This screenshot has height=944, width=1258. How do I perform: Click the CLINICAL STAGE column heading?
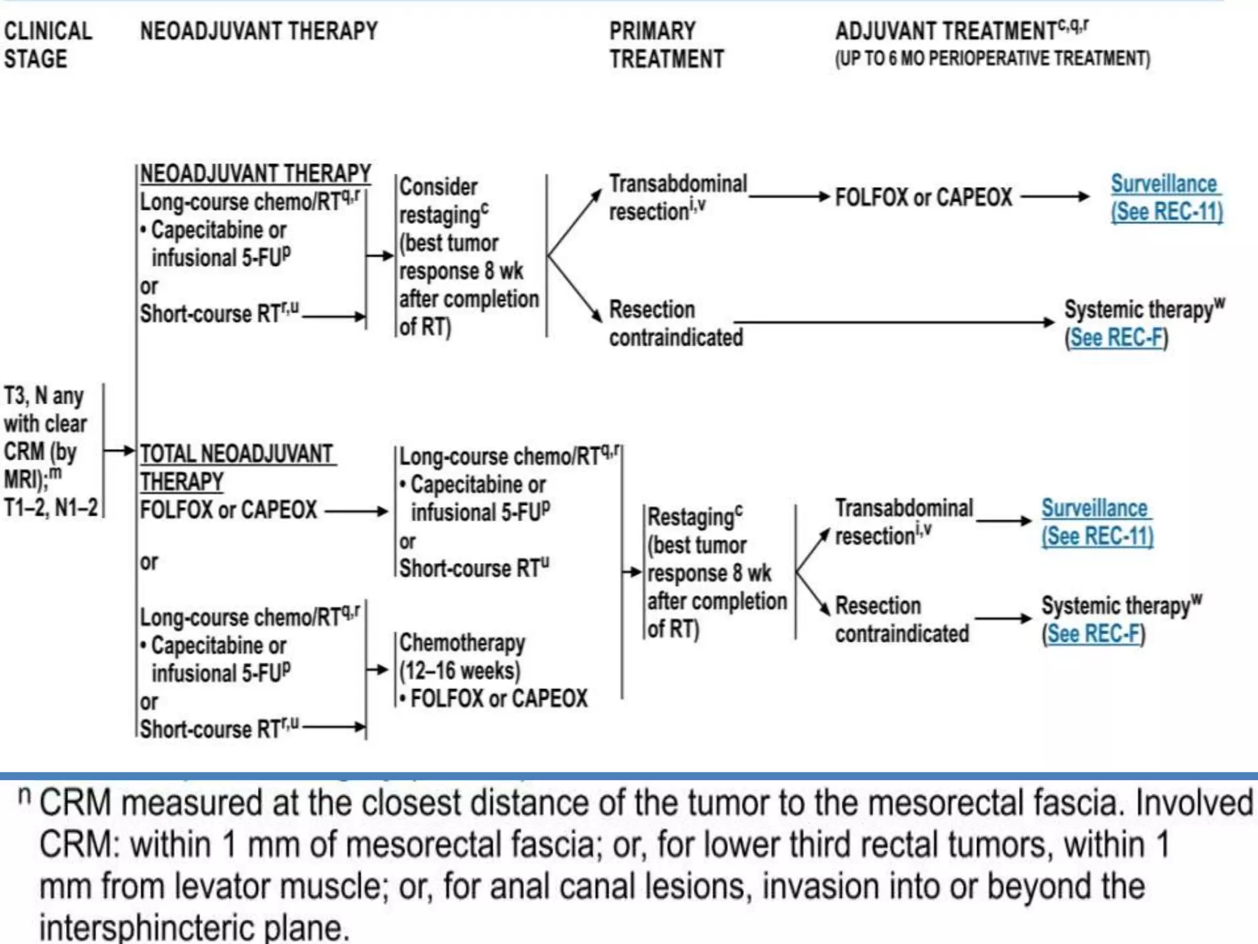pos(48,45)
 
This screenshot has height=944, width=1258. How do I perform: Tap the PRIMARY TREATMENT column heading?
pos(666,45)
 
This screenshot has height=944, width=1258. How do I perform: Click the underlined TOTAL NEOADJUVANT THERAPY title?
pos(236,467)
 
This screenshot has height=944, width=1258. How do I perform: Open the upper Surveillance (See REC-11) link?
pos(1166,197)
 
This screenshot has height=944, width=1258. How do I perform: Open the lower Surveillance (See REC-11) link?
pos(1096,522)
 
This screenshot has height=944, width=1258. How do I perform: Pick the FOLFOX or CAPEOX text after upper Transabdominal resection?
pos(923,197)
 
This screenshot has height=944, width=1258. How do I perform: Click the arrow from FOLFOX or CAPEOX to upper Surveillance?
pos(1054,197)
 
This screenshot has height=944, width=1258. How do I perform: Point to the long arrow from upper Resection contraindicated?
pos(894,321)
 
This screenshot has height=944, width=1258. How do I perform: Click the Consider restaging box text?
pos(467,256)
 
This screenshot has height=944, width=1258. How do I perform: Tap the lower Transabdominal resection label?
pos(903,522)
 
